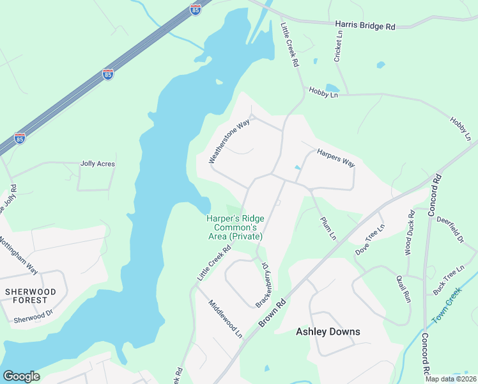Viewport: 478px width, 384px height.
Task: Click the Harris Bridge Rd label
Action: [366, 26]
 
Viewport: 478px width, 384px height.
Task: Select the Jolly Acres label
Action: [98, 164]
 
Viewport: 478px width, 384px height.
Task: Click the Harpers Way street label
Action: [335, 158]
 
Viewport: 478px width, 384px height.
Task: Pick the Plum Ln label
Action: [328, 228]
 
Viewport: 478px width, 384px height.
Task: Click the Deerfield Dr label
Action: [450, 229]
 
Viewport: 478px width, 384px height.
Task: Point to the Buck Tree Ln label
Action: [449, 280]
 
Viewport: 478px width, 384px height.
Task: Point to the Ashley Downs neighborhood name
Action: [328, 332]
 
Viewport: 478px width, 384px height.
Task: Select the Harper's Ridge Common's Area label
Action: [235, 227]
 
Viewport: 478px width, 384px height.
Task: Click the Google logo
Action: [21, 376]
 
